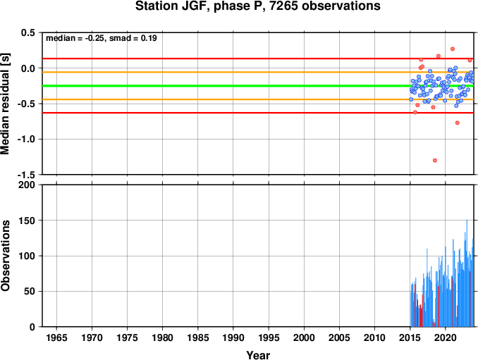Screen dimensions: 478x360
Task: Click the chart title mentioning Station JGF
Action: tap(257, 6)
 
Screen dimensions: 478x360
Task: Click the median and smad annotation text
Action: tap(102, 38)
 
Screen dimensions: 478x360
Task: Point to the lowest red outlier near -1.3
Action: tap(435, 161)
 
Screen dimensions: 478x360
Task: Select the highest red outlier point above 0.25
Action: tap(453, 49)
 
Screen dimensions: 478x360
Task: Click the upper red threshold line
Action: tap(257, 58)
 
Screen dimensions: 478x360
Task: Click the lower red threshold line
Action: tap(257, 113)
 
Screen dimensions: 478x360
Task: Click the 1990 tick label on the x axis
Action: tap(233, 337)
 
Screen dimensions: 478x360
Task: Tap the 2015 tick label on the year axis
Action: tap(410, 337)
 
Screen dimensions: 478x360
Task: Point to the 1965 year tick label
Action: tap(56, 337)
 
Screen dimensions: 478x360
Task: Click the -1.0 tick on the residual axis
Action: tap(26, 139)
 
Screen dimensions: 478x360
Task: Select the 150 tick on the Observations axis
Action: tap(27, 221)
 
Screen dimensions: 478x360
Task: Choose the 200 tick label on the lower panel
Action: tap(27, 185)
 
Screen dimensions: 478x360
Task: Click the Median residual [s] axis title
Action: tap(5, 104)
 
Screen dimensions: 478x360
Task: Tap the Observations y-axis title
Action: tap(5, 256)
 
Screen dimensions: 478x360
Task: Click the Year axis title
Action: tap(258, 355)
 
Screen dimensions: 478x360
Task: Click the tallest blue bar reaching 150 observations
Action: tap(467, 273)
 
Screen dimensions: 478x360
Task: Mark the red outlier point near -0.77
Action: tap(458, 123)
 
